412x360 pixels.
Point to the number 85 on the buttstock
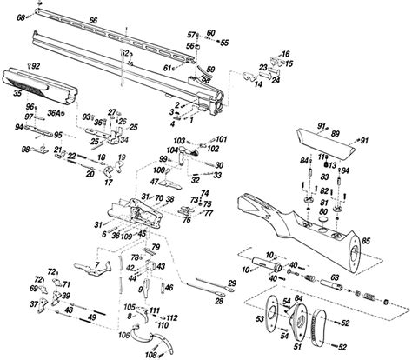click(365, 240)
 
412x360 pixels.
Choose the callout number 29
click(232, 284)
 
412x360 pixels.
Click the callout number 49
click(90, 319)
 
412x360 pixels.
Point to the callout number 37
click(33, 303)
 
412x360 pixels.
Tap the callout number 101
click(221, 139)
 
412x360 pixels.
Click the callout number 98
click(25, 150)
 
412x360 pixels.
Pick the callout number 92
click(36, 66)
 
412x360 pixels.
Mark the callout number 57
click(193, 33)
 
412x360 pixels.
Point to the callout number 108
click(150, 355)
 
